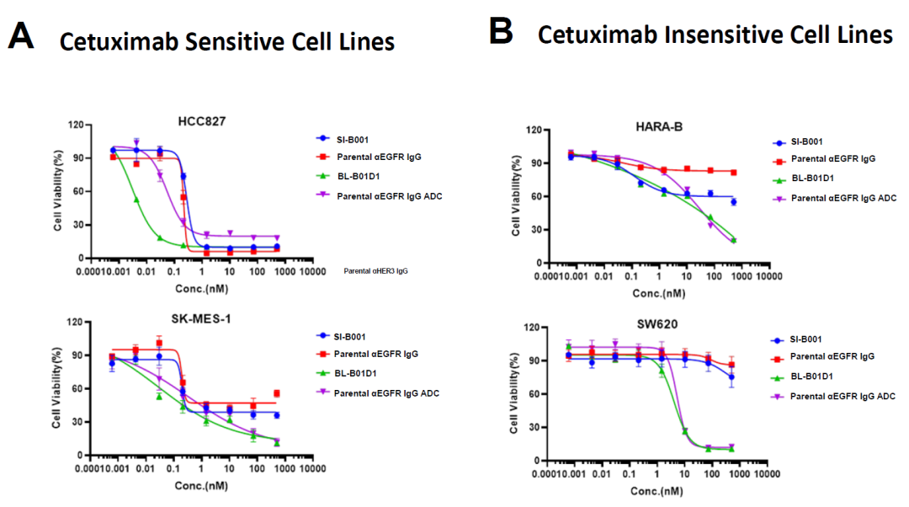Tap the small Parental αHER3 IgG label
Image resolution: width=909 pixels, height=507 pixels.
(376, 271)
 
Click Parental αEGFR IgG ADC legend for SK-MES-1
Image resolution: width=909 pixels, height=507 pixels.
(390, 392)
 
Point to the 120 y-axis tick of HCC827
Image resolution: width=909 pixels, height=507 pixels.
(77, 125)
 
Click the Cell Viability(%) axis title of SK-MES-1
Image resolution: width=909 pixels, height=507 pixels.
(56, 389)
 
